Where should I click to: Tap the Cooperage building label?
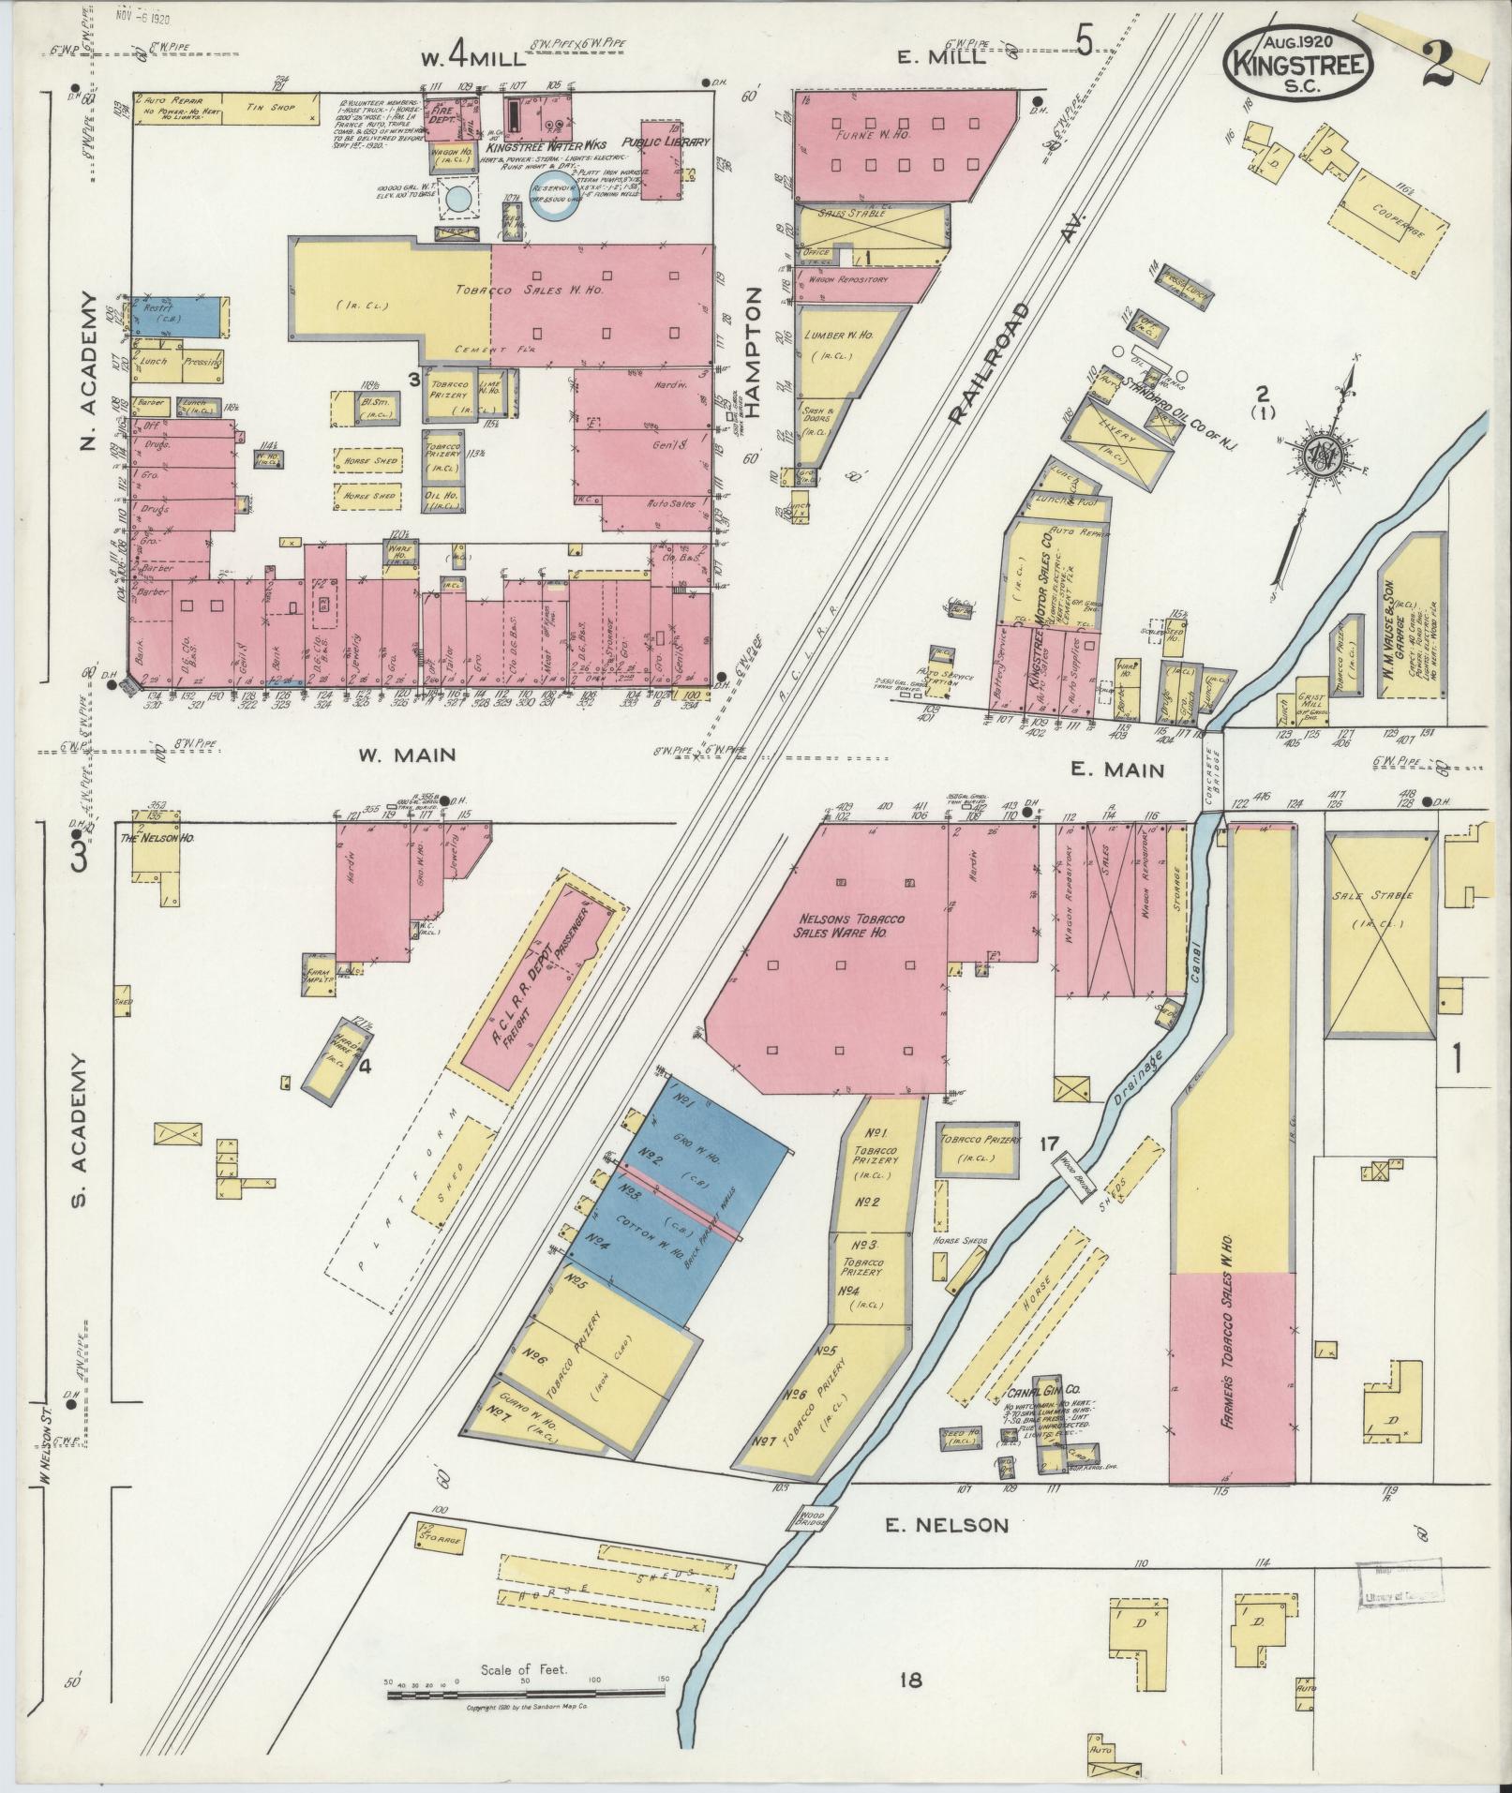(1395, 218)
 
